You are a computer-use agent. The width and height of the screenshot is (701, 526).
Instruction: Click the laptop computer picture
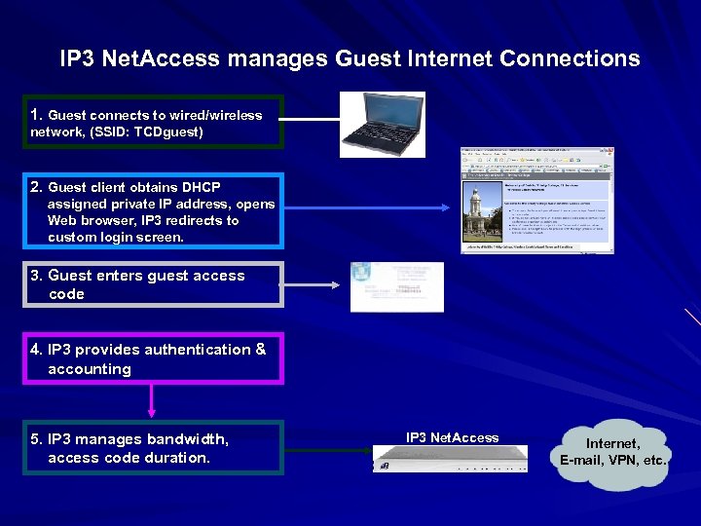pos(383,124)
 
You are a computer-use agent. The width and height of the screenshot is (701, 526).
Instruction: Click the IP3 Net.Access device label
pos(452,437)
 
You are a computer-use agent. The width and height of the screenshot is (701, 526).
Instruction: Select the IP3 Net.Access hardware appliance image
pos(451,459)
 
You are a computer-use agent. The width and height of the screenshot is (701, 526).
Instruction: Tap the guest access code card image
pos(396,286)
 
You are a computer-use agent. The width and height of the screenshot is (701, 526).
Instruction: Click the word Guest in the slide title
pos(366,58)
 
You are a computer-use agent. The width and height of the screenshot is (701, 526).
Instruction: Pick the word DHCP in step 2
pos(203,187)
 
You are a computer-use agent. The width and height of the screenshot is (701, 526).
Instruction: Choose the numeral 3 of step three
pos(36,276)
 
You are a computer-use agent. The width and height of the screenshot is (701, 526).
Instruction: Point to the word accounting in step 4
pos(89,369)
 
